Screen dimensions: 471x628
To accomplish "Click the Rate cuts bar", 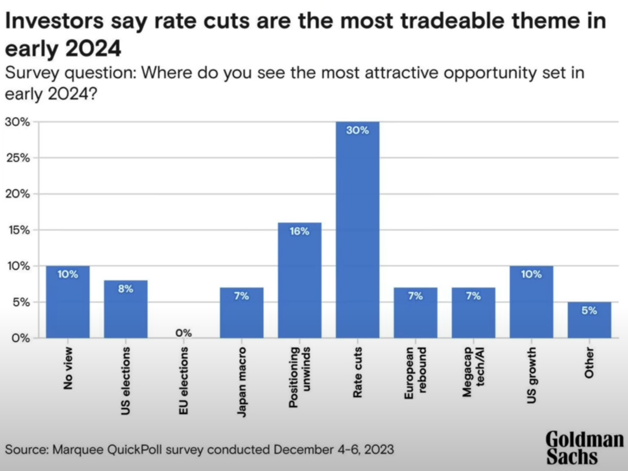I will pyautogui.click(x=357, y=229).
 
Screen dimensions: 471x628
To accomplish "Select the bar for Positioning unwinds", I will pyautogui.click(x=299, y=280).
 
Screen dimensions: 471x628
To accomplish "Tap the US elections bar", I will pyautogui.click(x=126, y=309).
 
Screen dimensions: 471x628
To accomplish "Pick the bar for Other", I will pyautogui.click(x=589, y=320).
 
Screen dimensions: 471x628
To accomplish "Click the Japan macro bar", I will pyautogui.click(x=242, y=312).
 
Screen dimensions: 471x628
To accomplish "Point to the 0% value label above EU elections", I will pyautogui.click(x=183, y=333).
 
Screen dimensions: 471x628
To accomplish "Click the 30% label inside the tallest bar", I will pyautogui.click(x=357, y=130).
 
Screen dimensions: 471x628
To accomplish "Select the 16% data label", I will pyautogui.click(x=299, y=231).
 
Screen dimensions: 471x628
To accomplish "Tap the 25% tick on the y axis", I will pyautogui.click(x=18, y=158).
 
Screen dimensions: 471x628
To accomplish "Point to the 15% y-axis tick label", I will pyautogui.click(x=18, y=230).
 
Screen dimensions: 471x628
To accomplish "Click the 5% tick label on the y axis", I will pyautogui.click(x=21, y=302).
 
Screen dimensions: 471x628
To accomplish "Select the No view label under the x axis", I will pyautogui.click(x=68, y=368).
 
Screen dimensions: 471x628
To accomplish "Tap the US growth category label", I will pyautogui.click(x=531, y=375).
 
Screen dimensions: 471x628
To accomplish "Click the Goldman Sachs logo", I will pyautogui.click(x=584, y=448).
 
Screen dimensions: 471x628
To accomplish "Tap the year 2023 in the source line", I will pyautogui.click(x=379, y=449).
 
